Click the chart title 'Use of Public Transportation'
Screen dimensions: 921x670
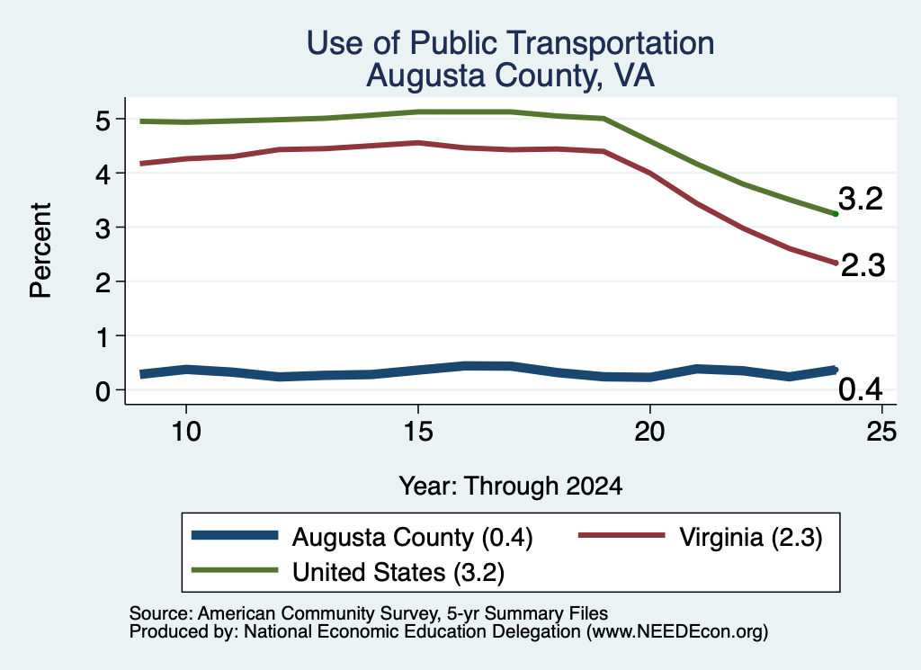tap(511, 43)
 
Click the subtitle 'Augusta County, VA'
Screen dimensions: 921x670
tap(511, 76)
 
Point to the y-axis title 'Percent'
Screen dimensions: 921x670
tap(40, 250)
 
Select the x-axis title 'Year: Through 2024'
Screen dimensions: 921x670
tap(511, 487)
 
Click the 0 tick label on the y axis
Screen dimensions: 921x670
tap(103, 390)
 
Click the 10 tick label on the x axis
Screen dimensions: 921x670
tap(186, 432)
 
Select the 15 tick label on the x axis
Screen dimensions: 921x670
tap(418, 432)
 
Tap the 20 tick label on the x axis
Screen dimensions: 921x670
tap(649, 432)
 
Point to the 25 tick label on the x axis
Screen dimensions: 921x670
tap(881, 432)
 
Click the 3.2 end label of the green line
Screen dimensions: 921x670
tap(861, 199)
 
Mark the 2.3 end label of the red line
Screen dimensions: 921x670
tap(863, 265)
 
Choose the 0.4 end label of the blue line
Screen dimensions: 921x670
tap(861, 389)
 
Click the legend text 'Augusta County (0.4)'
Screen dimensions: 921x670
tap(412, 537)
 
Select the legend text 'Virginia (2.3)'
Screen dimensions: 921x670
tap(751, 537)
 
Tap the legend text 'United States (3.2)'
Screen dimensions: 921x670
tap(398, 572)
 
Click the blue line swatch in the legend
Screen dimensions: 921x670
tap(235, 535)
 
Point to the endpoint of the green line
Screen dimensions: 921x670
tap(836, 214)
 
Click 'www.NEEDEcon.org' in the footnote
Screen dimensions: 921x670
tap(677, 632)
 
